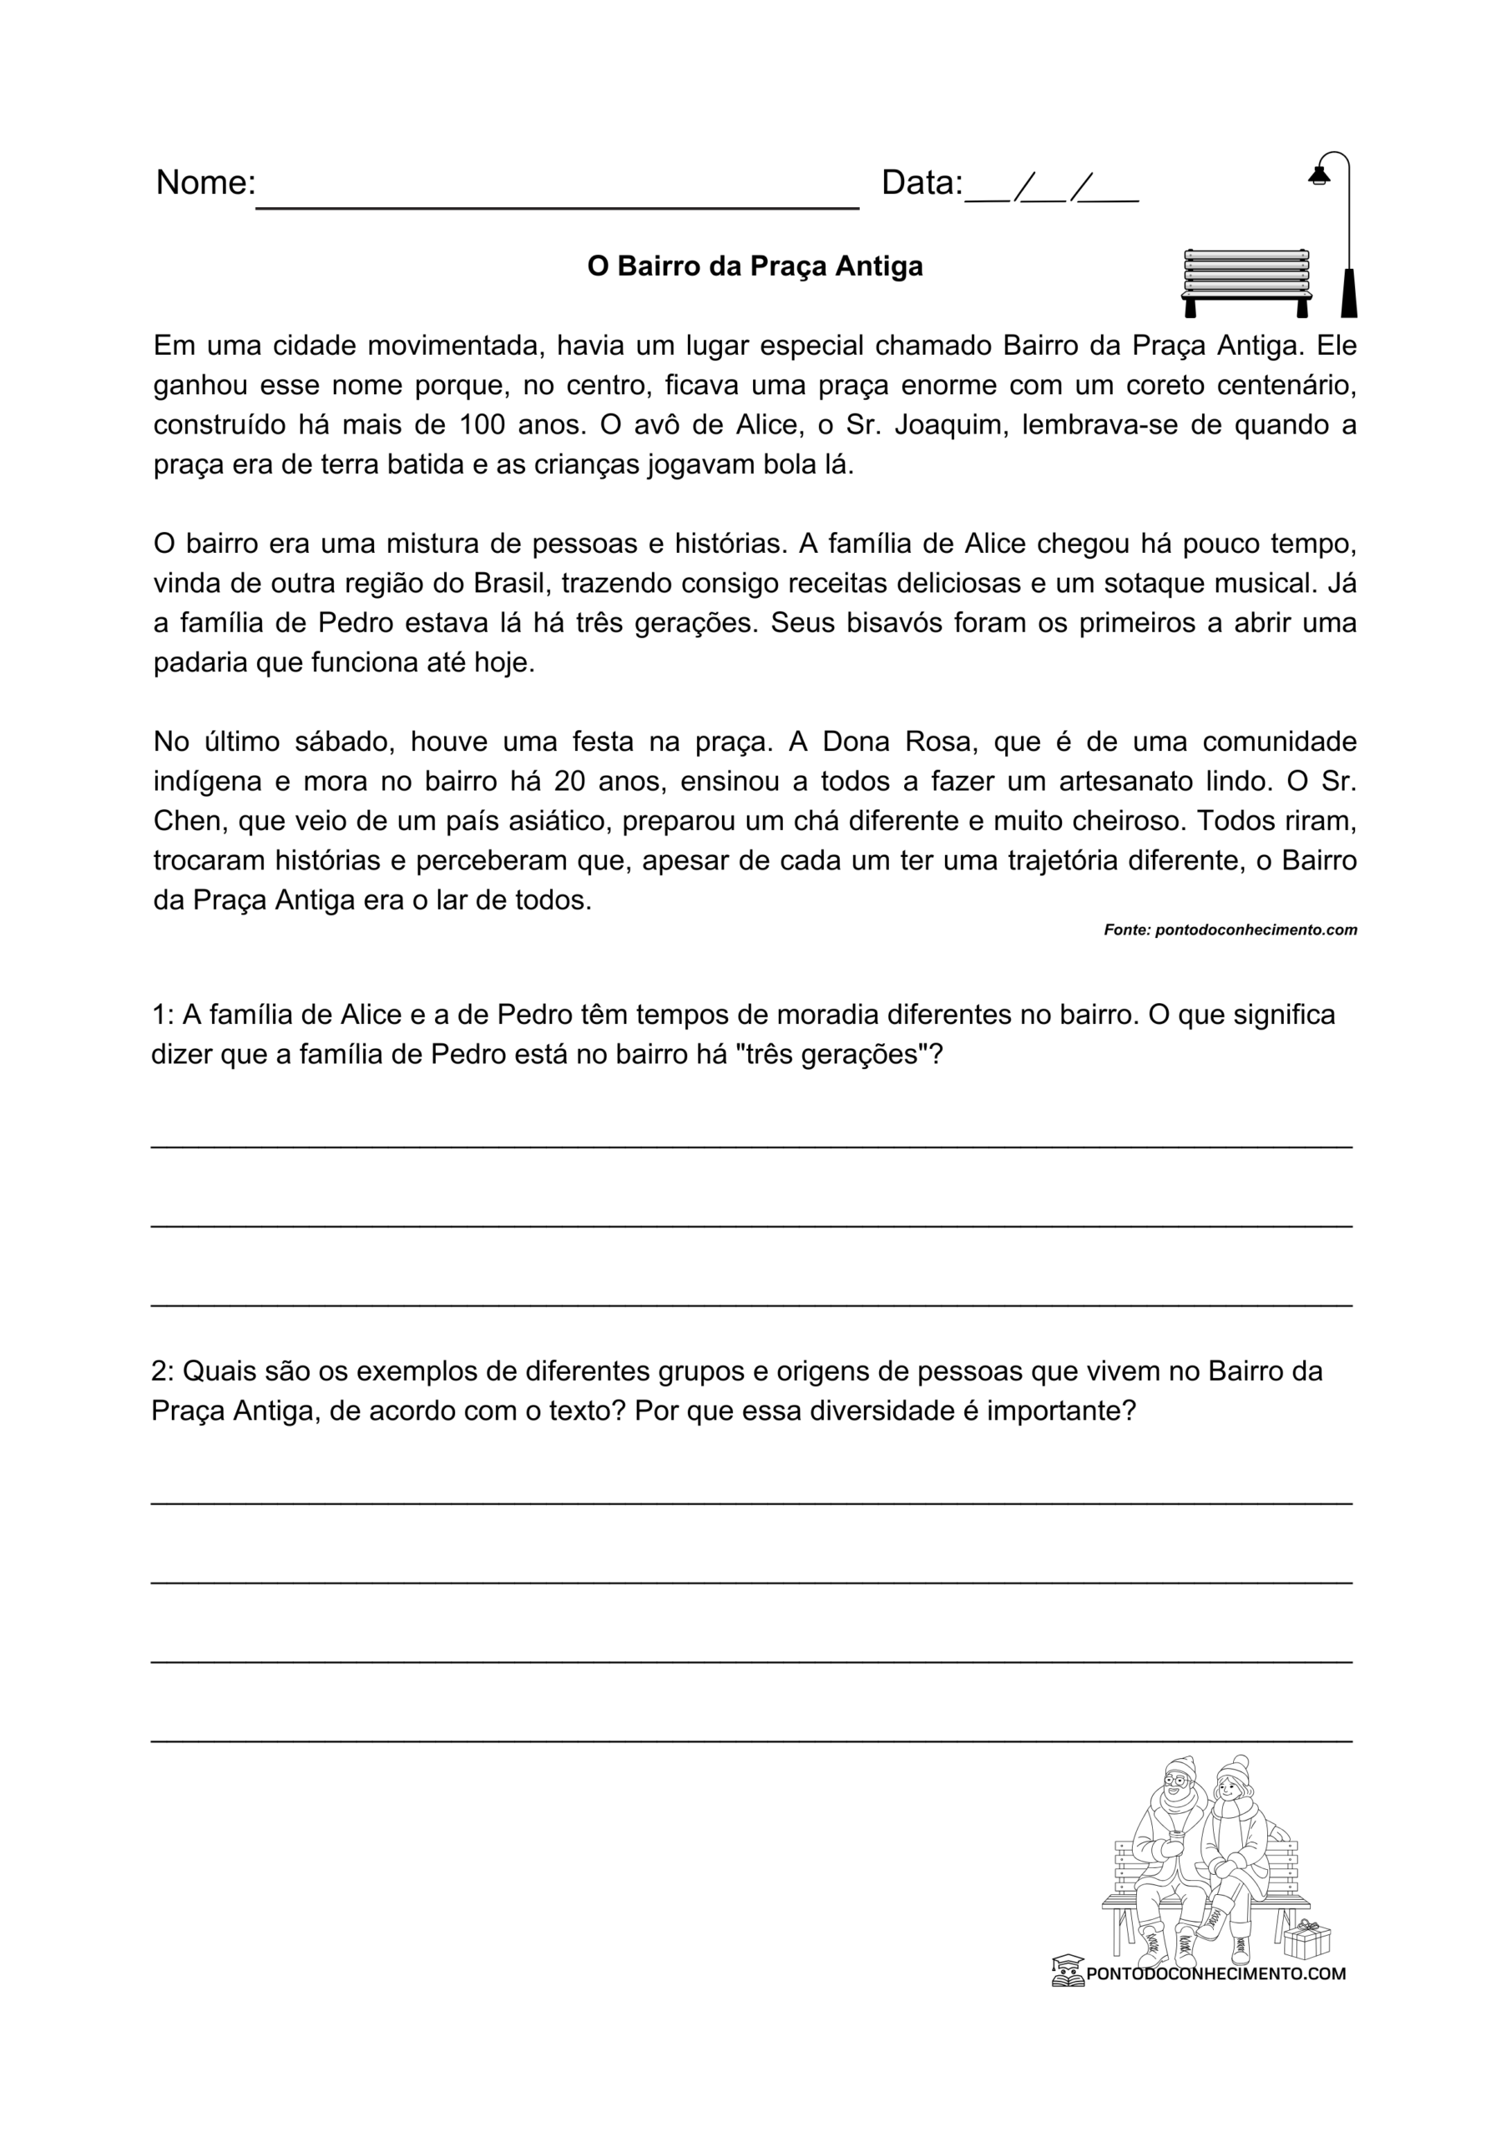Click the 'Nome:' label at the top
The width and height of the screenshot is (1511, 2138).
(205, 183)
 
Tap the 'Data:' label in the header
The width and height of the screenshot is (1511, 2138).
(921, 183)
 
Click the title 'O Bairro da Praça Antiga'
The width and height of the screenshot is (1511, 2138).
(754, 266)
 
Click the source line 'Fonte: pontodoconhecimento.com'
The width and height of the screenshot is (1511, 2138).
(1230, 930)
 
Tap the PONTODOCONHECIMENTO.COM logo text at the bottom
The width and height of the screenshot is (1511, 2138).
(1215, 1973)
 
